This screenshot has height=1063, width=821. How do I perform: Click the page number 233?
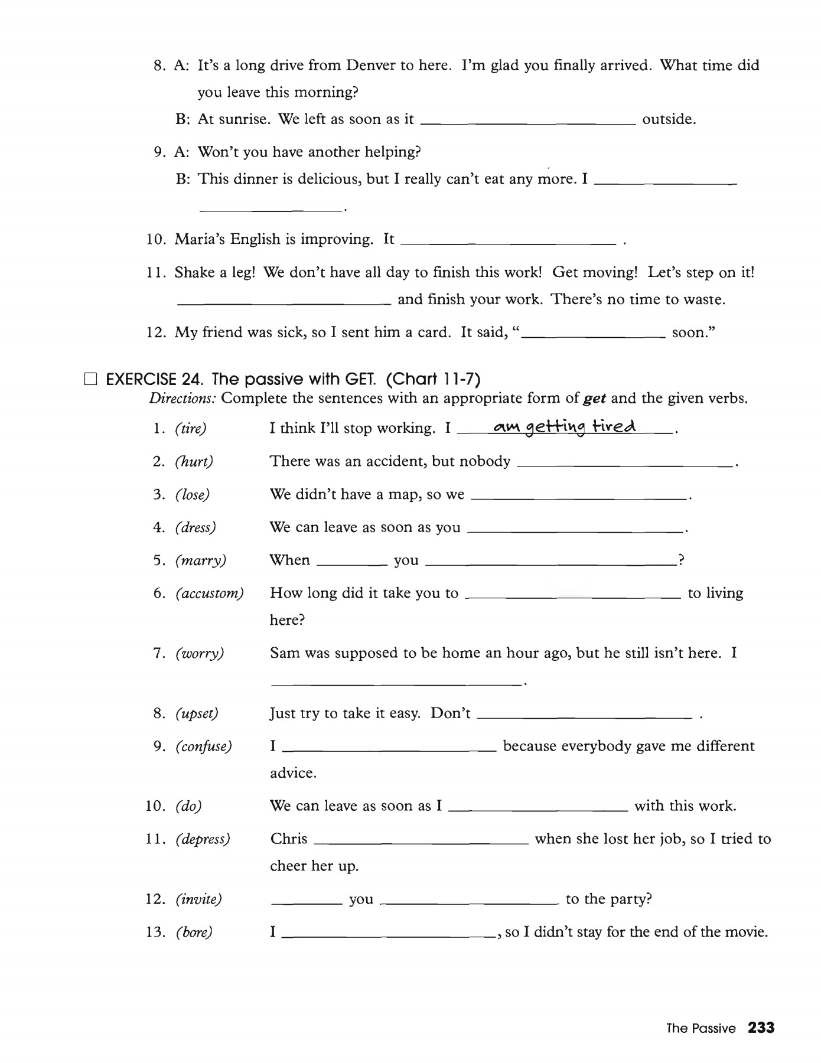[761, 1028]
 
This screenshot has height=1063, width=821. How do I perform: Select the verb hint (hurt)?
[194, 461]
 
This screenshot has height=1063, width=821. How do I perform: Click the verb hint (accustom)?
[210, 593]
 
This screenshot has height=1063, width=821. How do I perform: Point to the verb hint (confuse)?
[204, 746]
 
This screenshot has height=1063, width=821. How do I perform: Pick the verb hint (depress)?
[203, 839]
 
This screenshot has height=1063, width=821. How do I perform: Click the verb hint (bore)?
[194, 932]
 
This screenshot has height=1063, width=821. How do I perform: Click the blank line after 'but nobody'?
[625, 466]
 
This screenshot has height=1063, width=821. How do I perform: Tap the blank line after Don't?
[583, 718]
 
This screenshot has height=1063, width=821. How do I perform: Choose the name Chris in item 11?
[289, 839]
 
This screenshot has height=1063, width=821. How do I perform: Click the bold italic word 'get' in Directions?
[595, 398]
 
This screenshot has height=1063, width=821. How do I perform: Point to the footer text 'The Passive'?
[701, 1029]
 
